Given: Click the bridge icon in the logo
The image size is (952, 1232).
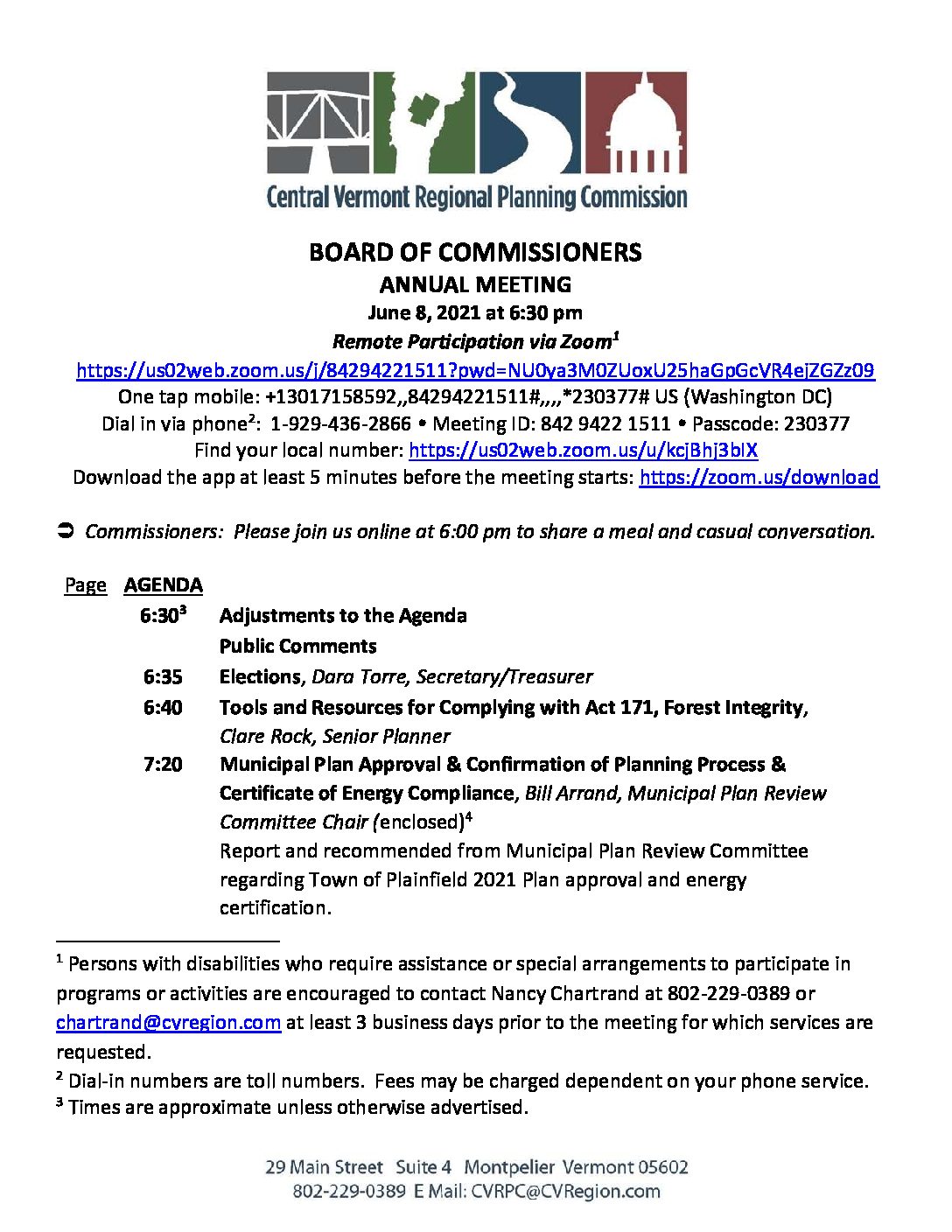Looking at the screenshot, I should tap(318, 122).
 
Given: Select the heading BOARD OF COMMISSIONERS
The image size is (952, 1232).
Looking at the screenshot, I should tap(475, 253).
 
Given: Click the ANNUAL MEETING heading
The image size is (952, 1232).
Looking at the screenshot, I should tap(475, 284).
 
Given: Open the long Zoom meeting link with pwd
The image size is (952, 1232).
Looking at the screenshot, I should tap(475, 370).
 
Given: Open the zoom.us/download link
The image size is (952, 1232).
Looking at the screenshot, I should tap(759, 477).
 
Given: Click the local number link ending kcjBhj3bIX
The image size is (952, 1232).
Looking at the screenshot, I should tap(583, 451).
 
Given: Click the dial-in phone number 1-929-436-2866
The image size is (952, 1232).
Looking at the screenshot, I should tap(340, 423).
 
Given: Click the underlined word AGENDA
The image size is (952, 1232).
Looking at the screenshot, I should tap(164, 584).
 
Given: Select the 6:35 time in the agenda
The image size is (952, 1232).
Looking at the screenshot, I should tap(163, 676).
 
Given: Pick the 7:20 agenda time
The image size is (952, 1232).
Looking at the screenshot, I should tap(163, 765).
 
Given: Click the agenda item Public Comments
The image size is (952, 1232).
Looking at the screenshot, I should tap(298, 646).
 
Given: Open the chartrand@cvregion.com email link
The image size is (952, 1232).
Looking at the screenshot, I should tap(168, 1022).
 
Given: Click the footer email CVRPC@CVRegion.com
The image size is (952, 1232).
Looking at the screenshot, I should tap(565, 1191).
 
